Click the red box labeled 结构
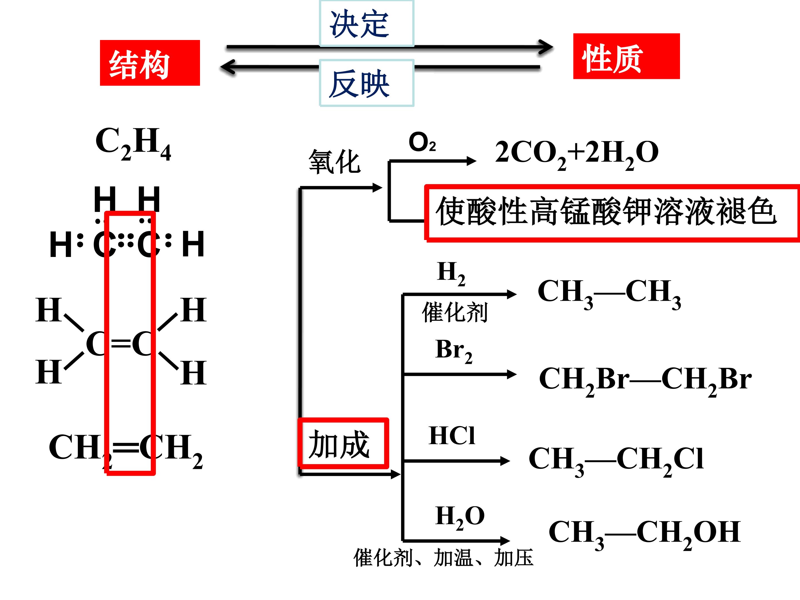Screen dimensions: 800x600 click(x=150, y=63)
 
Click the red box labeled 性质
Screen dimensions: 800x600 click(x=626, y=56)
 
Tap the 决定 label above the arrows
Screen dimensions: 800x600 click(x=359, y=24)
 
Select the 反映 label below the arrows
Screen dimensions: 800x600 click(x=359, y=84)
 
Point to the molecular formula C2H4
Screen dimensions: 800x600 click(x=133, y=143)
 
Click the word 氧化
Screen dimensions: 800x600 click(x=334, y=162)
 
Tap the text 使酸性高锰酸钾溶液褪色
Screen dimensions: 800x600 click(x=606, y=212)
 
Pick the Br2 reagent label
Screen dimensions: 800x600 click(x=454, y=351)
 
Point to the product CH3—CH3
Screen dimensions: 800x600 click(x=609, y=294)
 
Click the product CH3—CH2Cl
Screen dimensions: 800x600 click(x=616, y=461)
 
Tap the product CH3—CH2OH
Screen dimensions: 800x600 click(x=645, y=534)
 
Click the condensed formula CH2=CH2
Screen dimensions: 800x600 click(x=126, y=450)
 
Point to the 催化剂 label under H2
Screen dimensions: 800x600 click(x=455, y=312)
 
